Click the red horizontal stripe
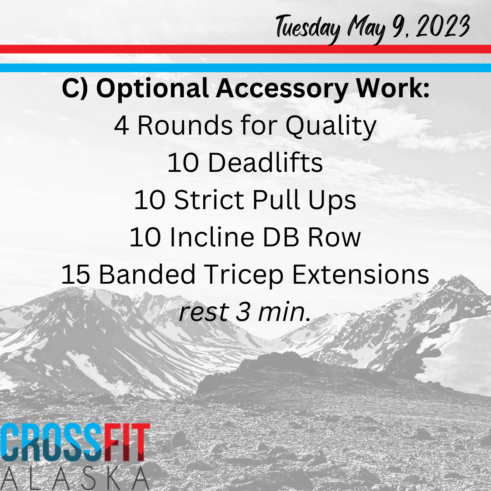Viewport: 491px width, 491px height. [x=245, y=49]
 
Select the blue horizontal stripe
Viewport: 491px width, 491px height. [x=245, y=68]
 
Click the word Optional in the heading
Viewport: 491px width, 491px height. [x=152, y=89]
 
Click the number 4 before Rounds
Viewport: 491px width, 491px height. [x=121, y=126]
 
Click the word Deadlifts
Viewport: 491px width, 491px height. [x=265, y=163]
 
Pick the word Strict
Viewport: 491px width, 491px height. [x=209, y=200]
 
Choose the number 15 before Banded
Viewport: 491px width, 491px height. [x=76, y=274]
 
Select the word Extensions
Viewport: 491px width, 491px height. [x=361, y=274]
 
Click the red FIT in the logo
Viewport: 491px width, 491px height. [x=127, y=442]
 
